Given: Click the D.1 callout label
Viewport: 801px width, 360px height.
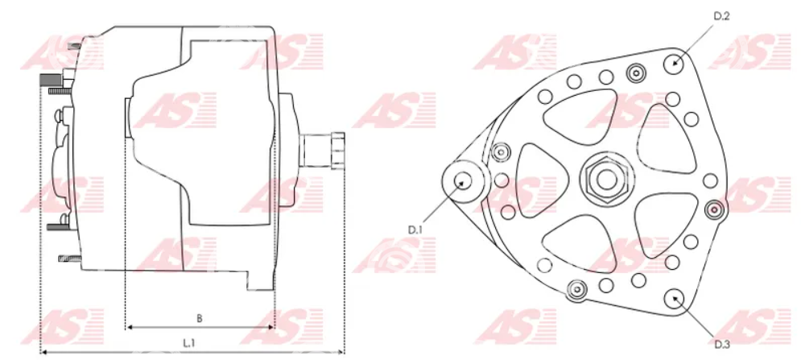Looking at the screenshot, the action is [415, 230].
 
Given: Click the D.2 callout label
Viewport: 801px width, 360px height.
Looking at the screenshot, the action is [721, 16].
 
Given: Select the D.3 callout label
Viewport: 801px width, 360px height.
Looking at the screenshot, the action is [721, 345].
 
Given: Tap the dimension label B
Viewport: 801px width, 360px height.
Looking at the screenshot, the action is [200, 318].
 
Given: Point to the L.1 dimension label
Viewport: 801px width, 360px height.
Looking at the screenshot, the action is [189, 344].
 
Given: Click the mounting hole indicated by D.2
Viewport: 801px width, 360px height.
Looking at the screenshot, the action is [675, 64].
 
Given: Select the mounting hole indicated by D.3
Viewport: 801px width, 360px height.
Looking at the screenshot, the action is [675, 298].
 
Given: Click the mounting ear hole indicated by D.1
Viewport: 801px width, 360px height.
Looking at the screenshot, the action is [463, 180].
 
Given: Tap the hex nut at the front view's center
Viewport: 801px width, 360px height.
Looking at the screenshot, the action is [607, 179].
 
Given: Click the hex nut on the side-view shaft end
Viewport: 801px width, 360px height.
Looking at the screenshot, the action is [337, 151].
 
